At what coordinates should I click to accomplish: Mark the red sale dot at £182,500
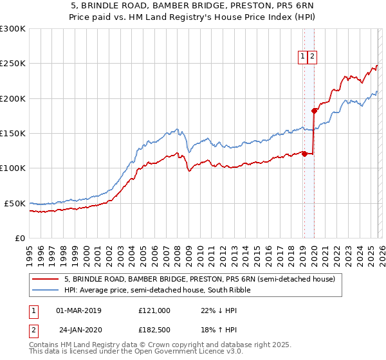point(314,111)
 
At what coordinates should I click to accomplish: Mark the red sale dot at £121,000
point(304,154)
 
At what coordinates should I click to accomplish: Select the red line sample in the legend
point(45,280)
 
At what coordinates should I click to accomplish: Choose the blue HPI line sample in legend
point(45,291)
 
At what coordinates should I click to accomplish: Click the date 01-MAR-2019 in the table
point(78,310)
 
